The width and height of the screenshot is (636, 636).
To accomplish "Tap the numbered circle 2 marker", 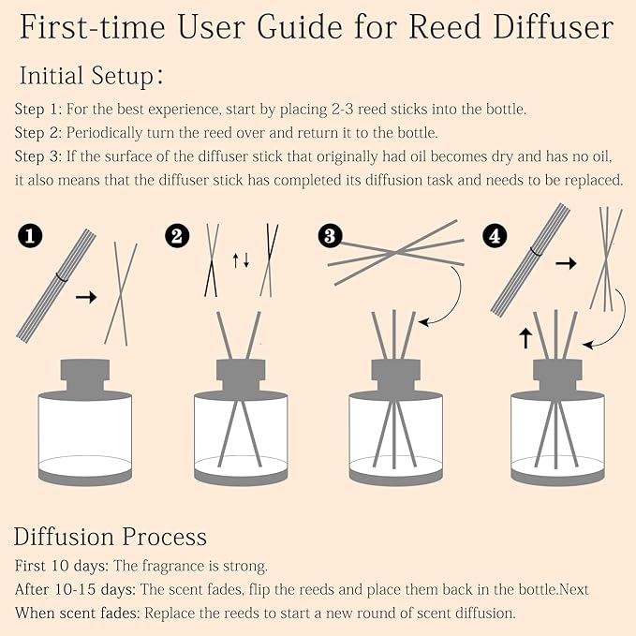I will [175, 237].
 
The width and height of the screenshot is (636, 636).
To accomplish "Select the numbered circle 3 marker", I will [329, 237].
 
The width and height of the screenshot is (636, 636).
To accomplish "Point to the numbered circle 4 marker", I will [495, 237].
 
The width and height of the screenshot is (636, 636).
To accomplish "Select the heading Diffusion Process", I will [110, 537].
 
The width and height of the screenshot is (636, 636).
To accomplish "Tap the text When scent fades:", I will [77, 614].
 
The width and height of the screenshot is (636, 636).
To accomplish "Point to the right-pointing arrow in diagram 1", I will [86, 297].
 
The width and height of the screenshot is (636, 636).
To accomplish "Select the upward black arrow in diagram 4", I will [525, 336].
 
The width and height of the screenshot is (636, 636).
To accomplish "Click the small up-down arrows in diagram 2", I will [241, 259].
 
